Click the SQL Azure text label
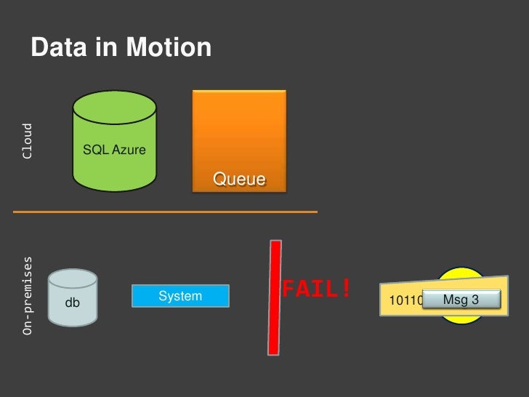tap(114, 150)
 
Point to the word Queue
tap(238, 179)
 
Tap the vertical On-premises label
tap(28, 295)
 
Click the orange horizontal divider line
tap(166, 212)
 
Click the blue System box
tap(179, 296)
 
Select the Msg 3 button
tap(460, 299)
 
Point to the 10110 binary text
tap(402, 300)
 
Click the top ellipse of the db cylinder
tap(73, 279)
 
